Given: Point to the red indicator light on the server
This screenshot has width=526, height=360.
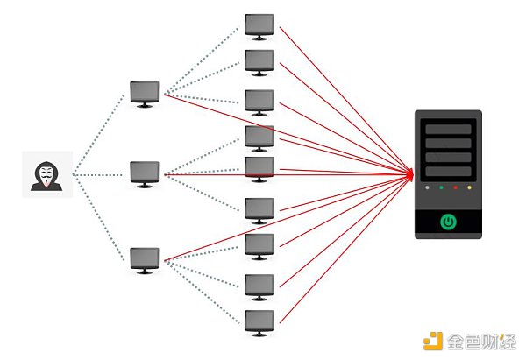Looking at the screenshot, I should pos(456,187).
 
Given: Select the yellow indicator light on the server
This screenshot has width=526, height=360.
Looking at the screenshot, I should pos(471,187).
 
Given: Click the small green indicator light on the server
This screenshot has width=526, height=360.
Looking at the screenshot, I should pos(441,187).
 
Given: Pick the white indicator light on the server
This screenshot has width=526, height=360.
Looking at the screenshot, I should pos(426,187).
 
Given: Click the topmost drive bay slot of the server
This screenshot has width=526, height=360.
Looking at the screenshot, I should pos(448,129).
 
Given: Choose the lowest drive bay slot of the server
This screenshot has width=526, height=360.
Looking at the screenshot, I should pos(448,172).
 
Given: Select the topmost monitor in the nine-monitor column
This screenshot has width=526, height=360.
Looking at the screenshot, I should pos(259,26).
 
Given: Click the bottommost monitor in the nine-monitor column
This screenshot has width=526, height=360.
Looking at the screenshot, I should pos(259,321).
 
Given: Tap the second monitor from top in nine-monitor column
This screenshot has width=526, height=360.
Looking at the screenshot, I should pos(259,61).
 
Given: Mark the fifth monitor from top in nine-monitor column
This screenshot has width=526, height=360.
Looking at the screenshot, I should pos(259,168).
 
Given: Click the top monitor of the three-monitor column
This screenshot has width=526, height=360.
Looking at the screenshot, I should pos(145,93).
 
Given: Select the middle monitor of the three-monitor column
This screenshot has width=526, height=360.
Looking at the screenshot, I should pos(145,173).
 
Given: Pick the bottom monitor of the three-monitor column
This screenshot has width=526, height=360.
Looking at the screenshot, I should pos(145,258).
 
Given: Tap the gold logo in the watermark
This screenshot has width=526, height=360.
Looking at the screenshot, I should pos(432,342).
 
